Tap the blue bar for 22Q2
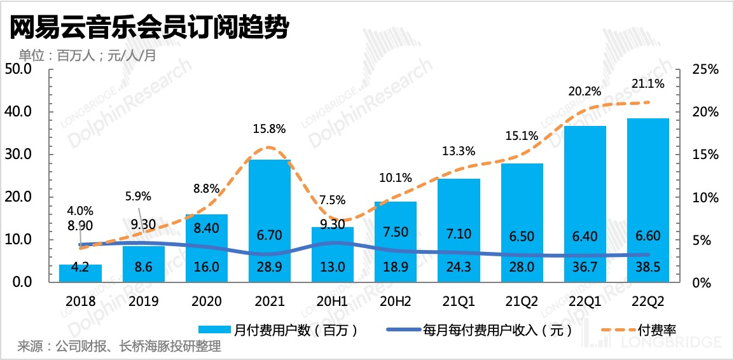647,191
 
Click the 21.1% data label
648,83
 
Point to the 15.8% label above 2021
270,128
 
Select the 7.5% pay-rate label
333,200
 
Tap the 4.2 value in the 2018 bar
81,268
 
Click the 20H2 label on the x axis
396,300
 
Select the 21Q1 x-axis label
459,300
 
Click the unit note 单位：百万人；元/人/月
87,55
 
